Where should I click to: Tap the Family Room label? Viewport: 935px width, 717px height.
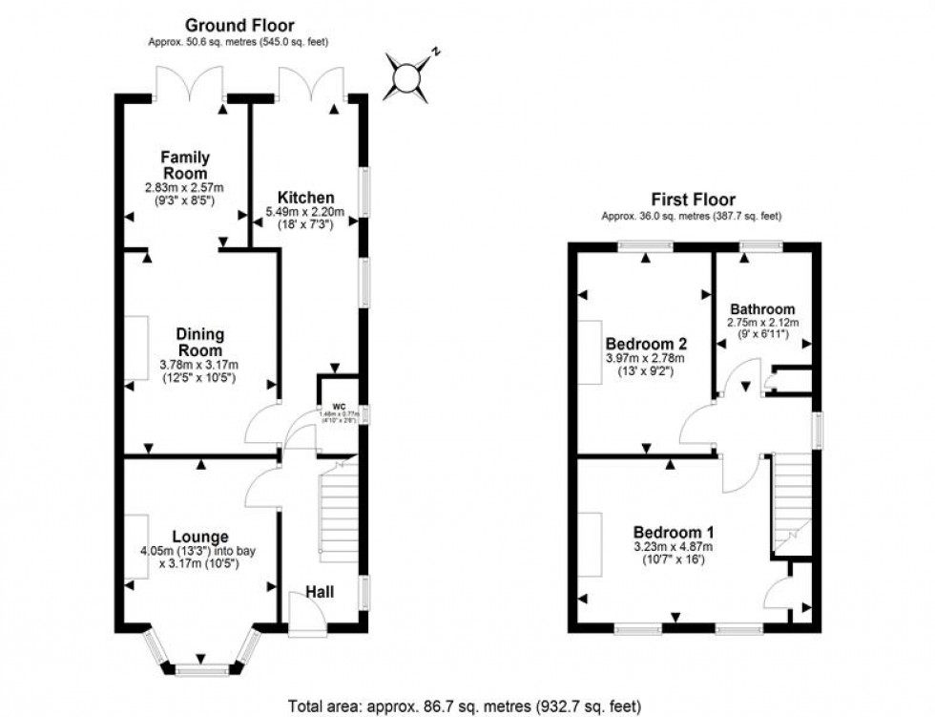pyautogui.click(x=184, y=165)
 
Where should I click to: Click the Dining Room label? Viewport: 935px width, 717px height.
pyautogui.click(x=199, y=343)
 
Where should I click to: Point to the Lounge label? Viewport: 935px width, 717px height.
pyautogui.click(x=200, y=537)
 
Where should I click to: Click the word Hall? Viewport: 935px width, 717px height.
pyautogui.click(x=321, y=593)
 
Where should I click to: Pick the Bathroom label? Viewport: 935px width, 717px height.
pyautogui.click(x=762, y=309)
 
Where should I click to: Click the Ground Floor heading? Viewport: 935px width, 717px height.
pyautogui.click(x=239, y=26)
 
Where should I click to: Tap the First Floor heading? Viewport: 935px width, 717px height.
pyautogui.click(x=693, y=200)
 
